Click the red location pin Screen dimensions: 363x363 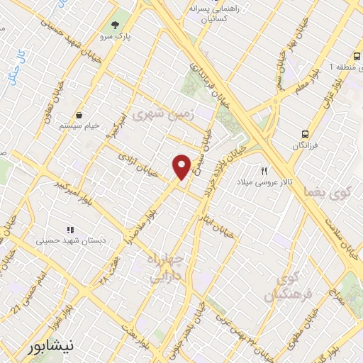[181, 167]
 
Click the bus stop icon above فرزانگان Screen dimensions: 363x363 [305, 133]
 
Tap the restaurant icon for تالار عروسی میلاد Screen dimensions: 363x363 [264, 170]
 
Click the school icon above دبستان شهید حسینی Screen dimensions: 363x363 [69, 230]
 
